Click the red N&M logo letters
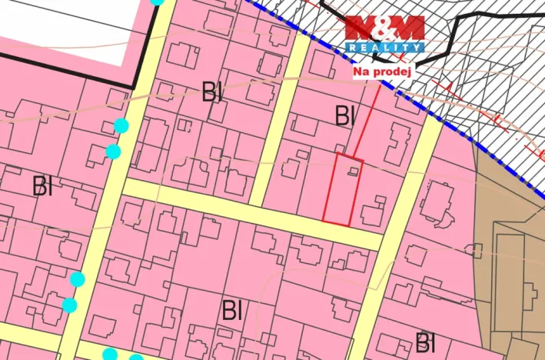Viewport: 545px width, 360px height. pyautogui.click(x=384, y=28)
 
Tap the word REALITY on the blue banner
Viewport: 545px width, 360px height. pyautogui.click(x=384, y=48)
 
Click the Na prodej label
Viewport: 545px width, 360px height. pyautogui.click(x=383, y=72)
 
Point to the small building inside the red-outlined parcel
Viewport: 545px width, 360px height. pyautogui.click(x=352, y=172)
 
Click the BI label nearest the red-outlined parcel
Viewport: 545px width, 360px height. pyautogui.click(x=345, y=116)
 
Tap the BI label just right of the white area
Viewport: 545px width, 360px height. pyautogui.click(x=212, y=93)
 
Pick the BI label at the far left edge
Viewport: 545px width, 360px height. pyautogui.click(x=42, y=185)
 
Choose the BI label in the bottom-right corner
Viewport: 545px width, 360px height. pyautogui.click(x=425, y=342)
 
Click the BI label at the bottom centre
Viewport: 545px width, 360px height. pyautogui.click(x=232, y=311)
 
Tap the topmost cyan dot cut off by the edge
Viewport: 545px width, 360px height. pyautogui.click(x=157, y=2)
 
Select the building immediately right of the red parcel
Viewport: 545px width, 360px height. pyautogui.click(x=374, y=212)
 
